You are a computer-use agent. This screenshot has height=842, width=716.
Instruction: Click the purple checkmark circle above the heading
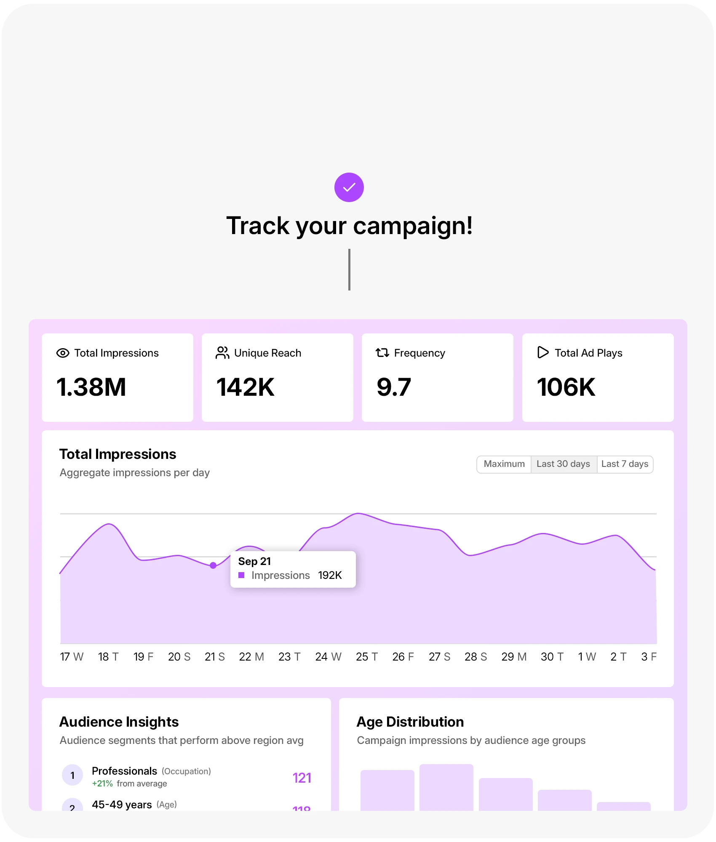click(x=349, y=187)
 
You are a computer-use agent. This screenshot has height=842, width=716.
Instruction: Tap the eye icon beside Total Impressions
click(x=63, y=353)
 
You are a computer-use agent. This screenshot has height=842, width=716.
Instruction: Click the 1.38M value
click(x=91, y=387)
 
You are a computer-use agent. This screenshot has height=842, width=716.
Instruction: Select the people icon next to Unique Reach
click(x=222, y=353)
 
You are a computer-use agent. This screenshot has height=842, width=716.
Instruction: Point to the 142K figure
click(x=245, y=387)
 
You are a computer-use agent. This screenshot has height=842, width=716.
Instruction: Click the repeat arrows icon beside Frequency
click(x=382, y=353)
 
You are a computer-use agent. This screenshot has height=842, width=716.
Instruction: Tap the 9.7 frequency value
click(x=394, y=387)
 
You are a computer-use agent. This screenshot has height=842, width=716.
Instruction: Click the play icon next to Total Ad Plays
click(x=543, y=352)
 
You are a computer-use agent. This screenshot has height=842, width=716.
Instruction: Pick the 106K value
click(x=566, y=387)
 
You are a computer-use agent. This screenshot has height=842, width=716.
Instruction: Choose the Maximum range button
click(x=504, y=464)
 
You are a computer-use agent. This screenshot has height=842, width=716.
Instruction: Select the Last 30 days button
click(x=563, y=464)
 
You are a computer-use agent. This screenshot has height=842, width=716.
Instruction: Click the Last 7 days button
click(x=625, y=464)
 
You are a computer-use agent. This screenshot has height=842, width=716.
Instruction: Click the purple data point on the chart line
click(x=213, y=565)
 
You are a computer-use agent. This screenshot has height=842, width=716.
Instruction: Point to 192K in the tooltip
click(x=330, y=575)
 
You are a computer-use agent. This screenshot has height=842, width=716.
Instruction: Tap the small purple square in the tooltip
click(x=241, y=575)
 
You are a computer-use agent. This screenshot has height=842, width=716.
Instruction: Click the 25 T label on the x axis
click(x=366, y=657)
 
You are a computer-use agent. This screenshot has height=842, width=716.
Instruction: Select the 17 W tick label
click(x=72, y=657)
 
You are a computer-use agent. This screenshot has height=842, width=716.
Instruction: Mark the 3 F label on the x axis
click(x=649, y=657)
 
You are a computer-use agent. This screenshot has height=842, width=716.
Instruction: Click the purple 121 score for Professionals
click(x=302, y=778)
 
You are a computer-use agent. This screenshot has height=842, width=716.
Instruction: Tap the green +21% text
click(x=102, y=783)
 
